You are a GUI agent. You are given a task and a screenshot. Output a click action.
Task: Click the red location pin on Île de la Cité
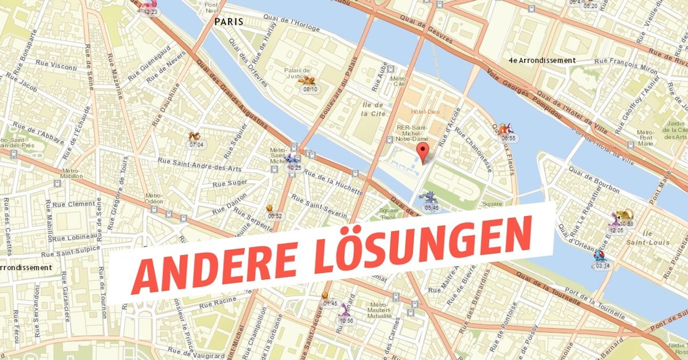click(423, 152)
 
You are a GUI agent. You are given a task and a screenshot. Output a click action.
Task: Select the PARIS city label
click(229, 21)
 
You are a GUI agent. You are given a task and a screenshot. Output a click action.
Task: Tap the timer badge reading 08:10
click(310, 89)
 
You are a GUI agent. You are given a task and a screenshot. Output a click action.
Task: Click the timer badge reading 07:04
click(196, 145)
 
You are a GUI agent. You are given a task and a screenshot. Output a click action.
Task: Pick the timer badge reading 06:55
click(508, 138)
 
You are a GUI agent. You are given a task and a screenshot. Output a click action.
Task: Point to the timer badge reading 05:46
click(431, 207)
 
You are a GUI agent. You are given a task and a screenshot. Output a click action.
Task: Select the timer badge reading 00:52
click(275, 216)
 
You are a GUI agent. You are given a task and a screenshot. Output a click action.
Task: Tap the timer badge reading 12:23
click(150, 12)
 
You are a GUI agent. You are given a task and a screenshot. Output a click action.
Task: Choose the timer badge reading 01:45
click(330, 303)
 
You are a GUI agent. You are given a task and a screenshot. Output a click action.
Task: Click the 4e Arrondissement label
click(542, 60)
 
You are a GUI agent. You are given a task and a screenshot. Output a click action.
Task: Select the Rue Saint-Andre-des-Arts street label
click(199, 164)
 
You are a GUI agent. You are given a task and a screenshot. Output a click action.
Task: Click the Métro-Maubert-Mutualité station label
click(381, 309)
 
